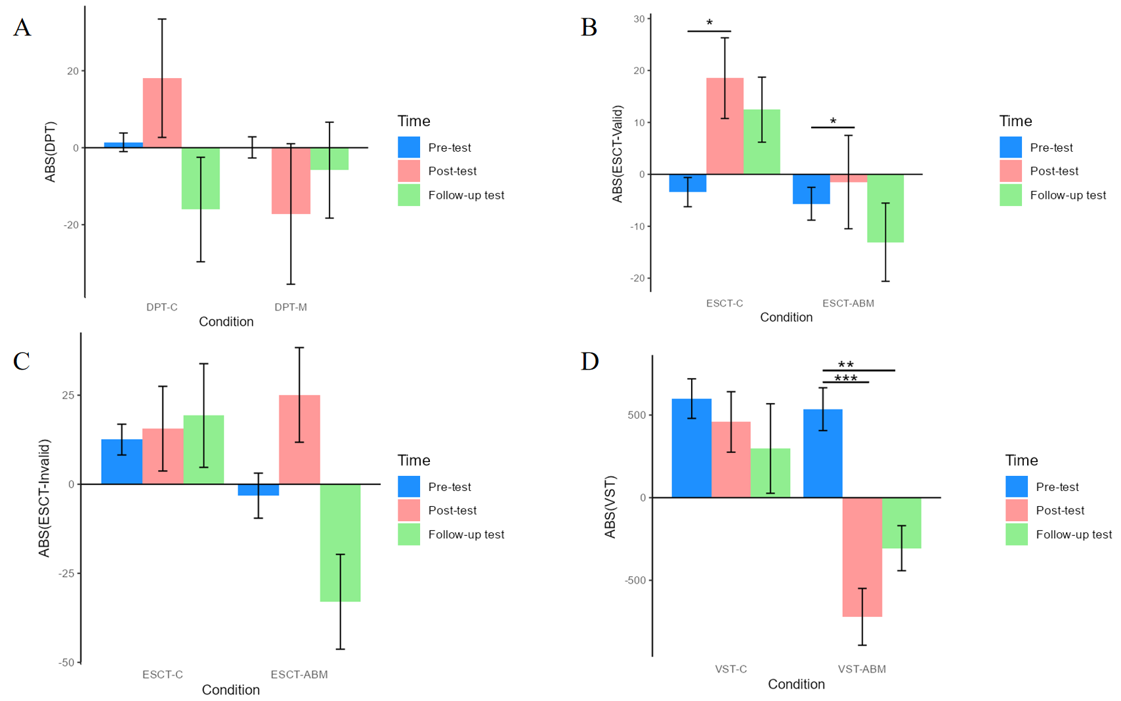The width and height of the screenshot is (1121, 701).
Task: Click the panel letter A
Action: click(22, 28)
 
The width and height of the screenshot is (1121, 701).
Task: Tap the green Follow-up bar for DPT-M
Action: click(329, 159)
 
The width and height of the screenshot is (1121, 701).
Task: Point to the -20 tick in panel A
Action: click(71, 225)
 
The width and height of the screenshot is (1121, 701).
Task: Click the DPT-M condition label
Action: click(291, 307)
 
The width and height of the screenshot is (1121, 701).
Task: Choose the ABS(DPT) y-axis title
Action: click(51, 152)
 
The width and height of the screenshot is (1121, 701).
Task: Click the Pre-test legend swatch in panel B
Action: click(1011, 148)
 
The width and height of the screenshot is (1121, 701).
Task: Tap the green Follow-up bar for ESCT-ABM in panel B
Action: click(885, 208)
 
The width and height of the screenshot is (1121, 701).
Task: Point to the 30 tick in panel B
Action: click(639, 19)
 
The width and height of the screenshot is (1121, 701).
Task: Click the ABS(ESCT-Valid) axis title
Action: click(617, 154)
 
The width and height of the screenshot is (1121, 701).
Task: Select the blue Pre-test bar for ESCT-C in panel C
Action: click(121, 461)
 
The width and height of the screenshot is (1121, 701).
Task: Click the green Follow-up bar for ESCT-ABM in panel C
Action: click(340, 543)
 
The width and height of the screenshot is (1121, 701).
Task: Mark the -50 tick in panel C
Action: click(66, 663)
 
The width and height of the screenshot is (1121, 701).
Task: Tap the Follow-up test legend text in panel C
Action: click(466, 535)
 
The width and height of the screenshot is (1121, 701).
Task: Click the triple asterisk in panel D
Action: click(845, 379)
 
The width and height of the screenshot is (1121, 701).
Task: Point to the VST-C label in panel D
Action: click(730, 669)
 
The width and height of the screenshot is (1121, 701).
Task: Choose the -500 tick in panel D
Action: click(635, 581)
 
